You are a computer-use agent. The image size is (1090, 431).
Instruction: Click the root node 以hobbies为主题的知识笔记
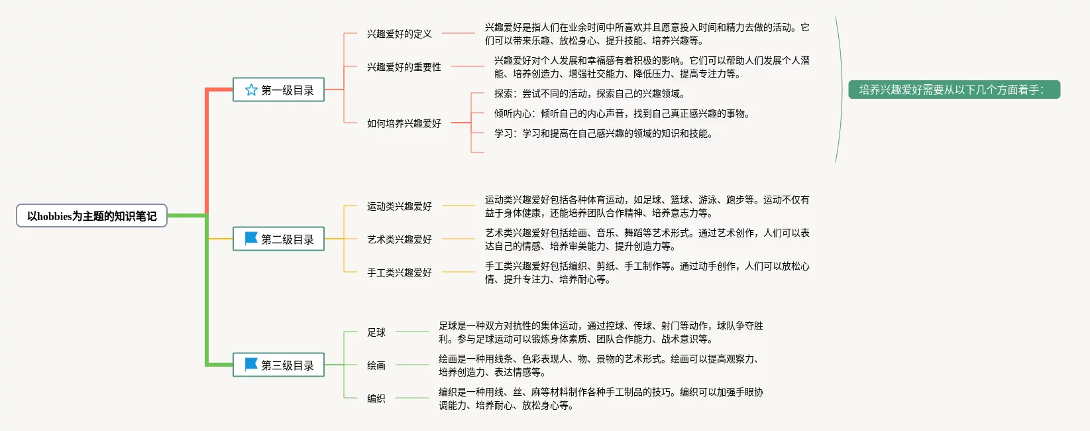91,215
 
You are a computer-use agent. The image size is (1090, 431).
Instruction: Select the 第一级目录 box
278,90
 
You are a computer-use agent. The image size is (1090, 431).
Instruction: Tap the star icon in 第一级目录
251,90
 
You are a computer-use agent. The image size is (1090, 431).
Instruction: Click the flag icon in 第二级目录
251,238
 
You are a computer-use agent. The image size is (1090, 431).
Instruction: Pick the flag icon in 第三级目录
251,364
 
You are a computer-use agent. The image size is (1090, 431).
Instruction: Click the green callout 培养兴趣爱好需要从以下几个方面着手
954,90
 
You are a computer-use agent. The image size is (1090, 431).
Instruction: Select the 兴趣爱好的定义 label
399,34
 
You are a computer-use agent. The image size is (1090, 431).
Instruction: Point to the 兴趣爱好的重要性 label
404,67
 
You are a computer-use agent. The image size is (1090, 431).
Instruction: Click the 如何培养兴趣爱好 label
404,123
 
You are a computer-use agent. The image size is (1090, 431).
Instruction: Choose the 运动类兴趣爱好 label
399,206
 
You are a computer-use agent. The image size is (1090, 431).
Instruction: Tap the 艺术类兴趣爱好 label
399,239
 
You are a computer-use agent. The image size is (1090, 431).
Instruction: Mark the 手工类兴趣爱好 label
399,273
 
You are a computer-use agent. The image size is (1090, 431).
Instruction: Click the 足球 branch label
376,332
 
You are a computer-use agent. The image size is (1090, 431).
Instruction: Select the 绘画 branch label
376,365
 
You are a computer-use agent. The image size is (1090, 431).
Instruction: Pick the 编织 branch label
376,399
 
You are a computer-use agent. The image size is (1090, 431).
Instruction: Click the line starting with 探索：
589,93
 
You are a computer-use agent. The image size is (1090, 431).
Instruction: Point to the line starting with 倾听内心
622,113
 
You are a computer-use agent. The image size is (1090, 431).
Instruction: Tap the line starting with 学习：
603,133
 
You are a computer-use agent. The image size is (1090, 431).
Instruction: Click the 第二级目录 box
278,239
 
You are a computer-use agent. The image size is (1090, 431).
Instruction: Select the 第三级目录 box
278,365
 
